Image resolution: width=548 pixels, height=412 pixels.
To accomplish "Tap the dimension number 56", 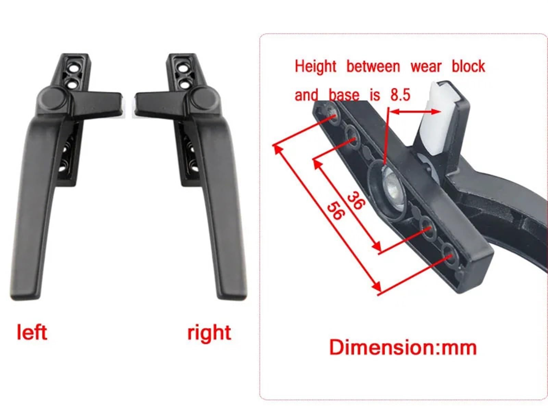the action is coord(336,211).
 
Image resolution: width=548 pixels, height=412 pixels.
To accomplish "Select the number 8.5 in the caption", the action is coord(400,95).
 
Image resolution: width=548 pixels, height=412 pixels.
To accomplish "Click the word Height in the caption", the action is coord(315,67).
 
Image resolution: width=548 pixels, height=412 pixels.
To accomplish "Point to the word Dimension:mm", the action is coord(403,347).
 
